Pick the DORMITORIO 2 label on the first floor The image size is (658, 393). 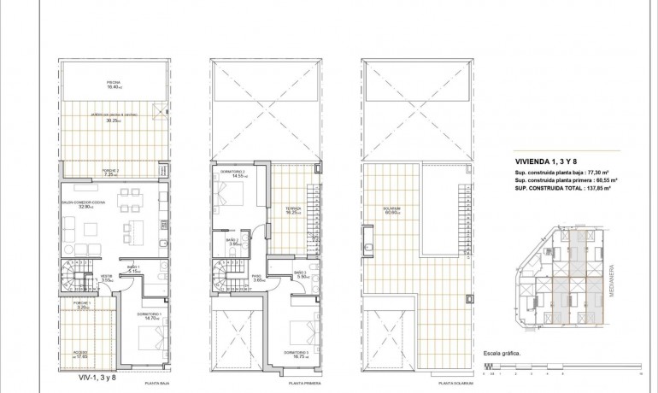[232, 173]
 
